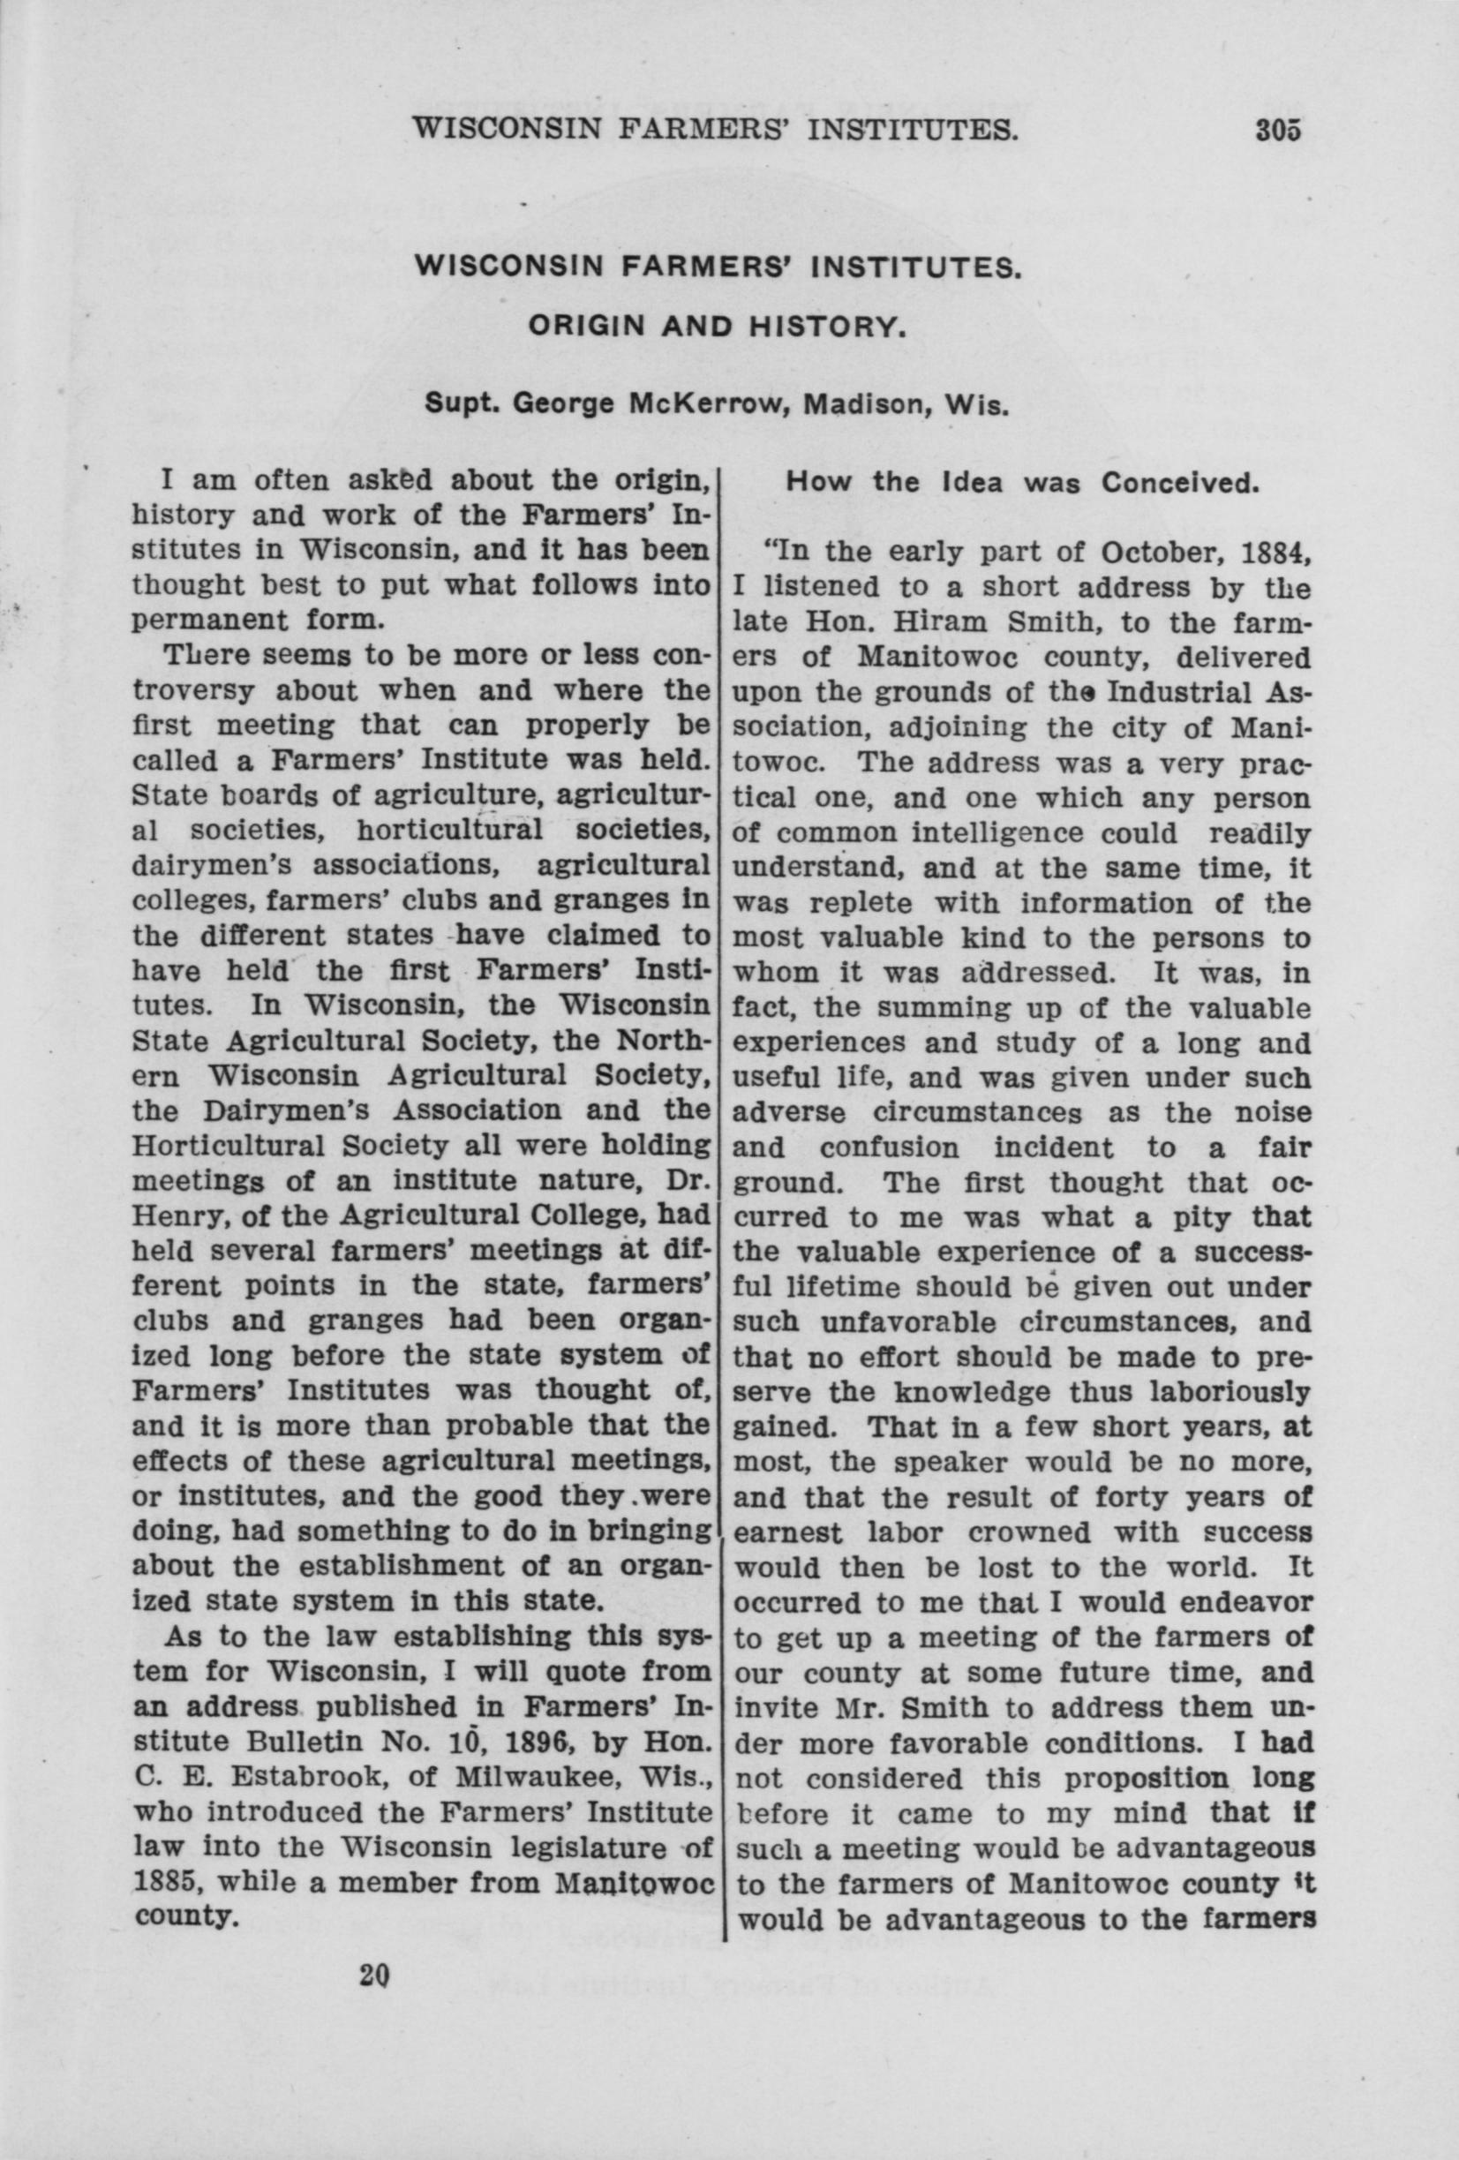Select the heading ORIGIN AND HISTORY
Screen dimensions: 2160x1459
(717, 327)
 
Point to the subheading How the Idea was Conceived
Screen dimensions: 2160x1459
(1022, 484)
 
